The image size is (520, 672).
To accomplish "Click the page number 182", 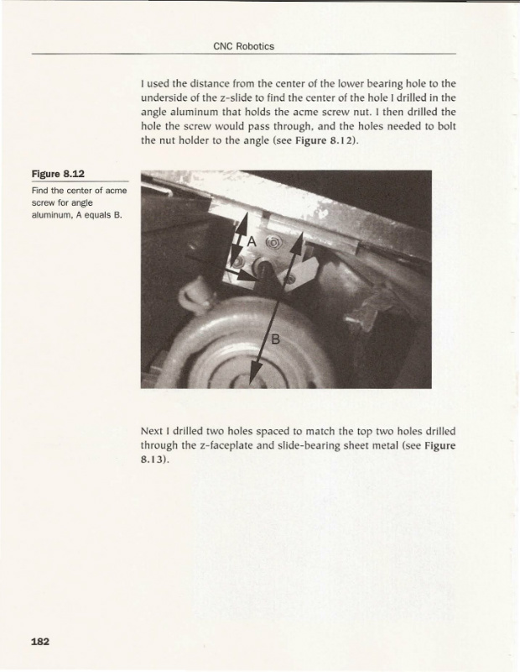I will click(x=41, y=642).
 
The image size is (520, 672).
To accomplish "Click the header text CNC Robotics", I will click(x=244, y=46).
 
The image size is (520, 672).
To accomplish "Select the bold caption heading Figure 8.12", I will click(x=57, y=174).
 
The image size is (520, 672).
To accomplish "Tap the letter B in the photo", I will click(x=274, y=339).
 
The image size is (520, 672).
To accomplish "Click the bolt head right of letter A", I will click(x=273, y=244).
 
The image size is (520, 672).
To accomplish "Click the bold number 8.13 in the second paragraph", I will click(x=153, y=460).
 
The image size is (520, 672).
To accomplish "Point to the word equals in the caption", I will click(x=95, y=214).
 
